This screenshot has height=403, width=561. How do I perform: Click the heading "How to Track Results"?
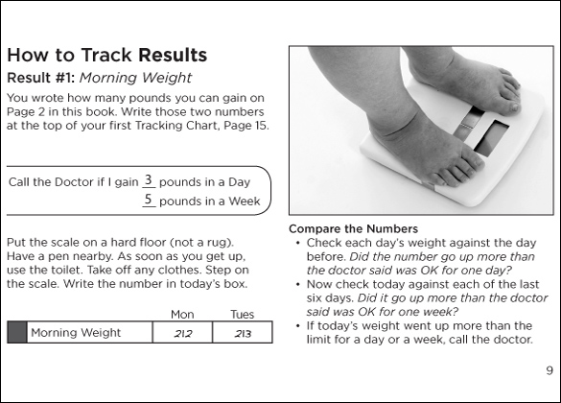tap(107, 55)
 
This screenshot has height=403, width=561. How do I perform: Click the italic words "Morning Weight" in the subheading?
tap(135, 78)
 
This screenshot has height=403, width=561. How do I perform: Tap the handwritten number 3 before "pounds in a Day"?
tap(148, 179)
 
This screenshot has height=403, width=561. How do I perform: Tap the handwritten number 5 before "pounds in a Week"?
tap(148, 199)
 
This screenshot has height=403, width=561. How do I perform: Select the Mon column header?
tap(182, 315)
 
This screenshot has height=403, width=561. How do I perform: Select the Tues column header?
tap(243, 315)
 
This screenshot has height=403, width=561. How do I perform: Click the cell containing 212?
tap(182, 333)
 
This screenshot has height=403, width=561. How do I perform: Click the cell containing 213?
tap(243, 333)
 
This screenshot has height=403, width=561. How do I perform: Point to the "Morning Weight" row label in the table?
tap(76, 333)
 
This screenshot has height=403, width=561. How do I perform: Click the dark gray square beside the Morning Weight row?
tap(17, 333)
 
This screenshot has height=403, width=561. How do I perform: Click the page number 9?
tap(549, 370)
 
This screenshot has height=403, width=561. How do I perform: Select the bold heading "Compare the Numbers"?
tap(354, 228)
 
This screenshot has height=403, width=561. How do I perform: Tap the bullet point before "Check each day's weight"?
tap(297, 244)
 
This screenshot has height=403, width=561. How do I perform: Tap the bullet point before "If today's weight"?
tap(297, 326)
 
